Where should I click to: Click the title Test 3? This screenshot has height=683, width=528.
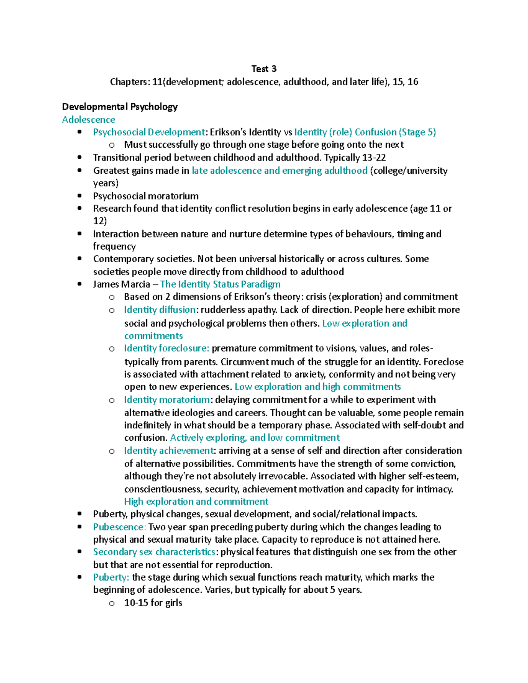click(x=264, y=69)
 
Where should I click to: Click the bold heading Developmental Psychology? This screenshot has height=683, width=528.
click(x=120, y=106)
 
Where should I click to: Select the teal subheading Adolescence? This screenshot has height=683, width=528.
click(x=88, y=120)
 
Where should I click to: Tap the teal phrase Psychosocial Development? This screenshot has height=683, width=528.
click(x=149, y=132)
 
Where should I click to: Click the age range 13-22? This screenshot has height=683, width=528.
click(x=374, y=157)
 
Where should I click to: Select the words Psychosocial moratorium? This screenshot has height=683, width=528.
click(x=146, y=196)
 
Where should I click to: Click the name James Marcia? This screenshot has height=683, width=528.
click(x=121, y=284)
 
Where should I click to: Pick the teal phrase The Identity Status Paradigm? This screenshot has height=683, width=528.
click(x=220, y=284)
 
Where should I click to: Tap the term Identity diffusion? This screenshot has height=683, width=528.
click(x=159, y=310)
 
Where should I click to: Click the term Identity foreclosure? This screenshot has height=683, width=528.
click(x=166, y=348)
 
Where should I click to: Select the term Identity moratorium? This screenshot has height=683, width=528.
click(x=167, y=400)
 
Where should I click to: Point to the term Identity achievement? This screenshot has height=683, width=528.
click(x=169, y=451)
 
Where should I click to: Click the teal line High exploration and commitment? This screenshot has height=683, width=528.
click(x=196, y=502)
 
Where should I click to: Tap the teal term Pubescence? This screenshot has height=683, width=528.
click(x=118, y=527)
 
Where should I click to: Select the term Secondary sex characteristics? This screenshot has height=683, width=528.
click(x=154, y=552)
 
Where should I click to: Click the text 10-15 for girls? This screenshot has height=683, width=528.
click(x=153, y=603)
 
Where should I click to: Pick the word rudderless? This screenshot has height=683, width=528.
click(x=220, y=310)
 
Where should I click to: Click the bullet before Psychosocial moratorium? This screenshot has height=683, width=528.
click(x=79, y=196)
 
